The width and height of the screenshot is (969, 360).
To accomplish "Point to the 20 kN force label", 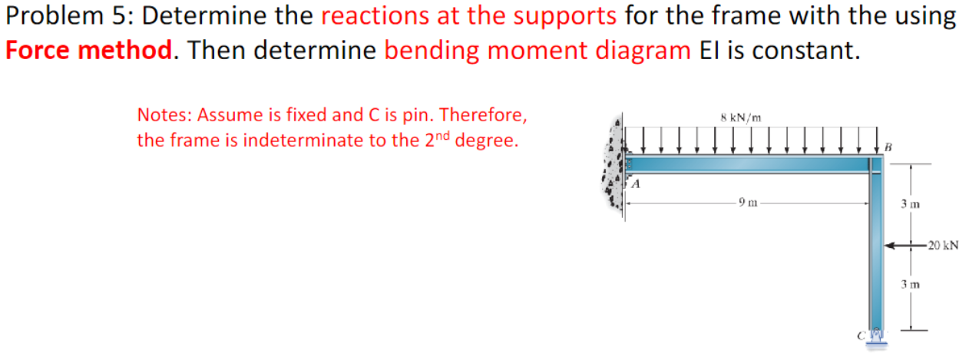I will [942, 246].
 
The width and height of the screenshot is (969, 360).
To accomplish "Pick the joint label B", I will [888, 146].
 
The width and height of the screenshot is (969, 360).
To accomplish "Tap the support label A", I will [636, 185].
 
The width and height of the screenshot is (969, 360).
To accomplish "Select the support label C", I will [861, 335].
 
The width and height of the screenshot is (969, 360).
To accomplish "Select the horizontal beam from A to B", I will [749, 163].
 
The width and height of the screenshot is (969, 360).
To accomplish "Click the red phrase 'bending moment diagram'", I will [537, 50].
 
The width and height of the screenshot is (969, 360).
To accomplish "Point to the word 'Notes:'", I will [164, 115].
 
